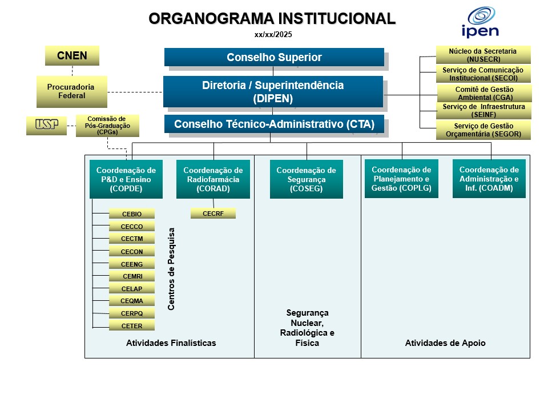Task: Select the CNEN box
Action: pyautogui.click(x=72, y=56)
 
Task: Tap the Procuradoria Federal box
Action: pyautogui.click(x=72, y=91)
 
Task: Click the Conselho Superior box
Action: pyautogui.click(x=274, y=57)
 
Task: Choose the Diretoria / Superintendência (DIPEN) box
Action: pyautogui.click(x=273, y=91)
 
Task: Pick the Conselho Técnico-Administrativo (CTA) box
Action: pyautogui.click(x=274, y=124)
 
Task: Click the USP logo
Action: pyautogui.click(x=46, y=125)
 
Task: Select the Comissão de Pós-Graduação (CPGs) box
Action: pyautogui.click(x=107, y=126)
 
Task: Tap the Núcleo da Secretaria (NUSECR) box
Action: pyautogui.click(x=483, y=55)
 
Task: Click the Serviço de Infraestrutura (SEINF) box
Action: pyautogui.click(x=483, y=110)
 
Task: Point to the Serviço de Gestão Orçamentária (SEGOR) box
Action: pyautogui.click(x=483, y=130)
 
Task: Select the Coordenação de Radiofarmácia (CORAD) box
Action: pyautogui.click(x=213, y=179)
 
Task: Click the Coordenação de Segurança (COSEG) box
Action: pyautogui.click(x=306, y=179)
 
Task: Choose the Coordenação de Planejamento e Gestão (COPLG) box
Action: pyautogui.click(x=401, y=179)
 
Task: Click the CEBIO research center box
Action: pyautogui.click(x=132, y=214)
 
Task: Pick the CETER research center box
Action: pyautogui.click(x=132, y=326)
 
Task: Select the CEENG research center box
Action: pyautogui.click(x=132, y=264)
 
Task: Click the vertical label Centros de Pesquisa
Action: pyautogui.click(x=171, y=268)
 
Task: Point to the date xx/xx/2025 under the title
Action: pyautogui.click(x=273, y=34)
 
